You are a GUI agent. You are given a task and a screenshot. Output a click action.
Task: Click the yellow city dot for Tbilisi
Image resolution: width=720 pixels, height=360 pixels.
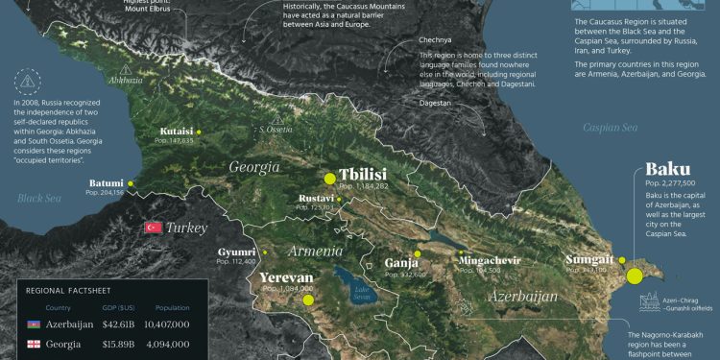pyautogui.click(x=329, y=178)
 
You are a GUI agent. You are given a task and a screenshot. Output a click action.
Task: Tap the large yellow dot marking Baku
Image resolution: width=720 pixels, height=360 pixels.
pyautogui.click(x=635, y=276)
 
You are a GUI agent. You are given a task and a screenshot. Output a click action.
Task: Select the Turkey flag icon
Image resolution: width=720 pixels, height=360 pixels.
pyautogui.click(x=152, y=228)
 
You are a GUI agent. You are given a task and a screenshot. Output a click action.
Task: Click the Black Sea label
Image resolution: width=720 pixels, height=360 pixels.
pyautogui.click(x=38, y=198)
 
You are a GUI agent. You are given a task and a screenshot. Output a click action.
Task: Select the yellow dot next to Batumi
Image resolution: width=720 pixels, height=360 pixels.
pyautogui.click(x=130, y=182)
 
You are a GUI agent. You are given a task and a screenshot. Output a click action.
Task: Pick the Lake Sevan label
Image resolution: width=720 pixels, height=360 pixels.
pyautogui.click(x=360, y=291)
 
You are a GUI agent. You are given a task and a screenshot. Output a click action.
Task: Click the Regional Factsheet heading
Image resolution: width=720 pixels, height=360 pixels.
pyautogui.click(x=67, y=289)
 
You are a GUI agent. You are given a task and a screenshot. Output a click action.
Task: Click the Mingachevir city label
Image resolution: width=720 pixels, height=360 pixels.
pyautogui.click(x=490, y=260)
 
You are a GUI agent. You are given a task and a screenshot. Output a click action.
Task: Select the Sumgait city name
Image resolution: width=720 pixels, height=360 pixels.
pyautogui.click(x=589, y=260)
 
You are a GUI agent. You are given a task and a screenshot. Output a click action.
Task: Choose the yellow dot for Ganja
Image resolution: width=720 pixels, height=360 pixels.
pyautogui.click(x=417, y=253)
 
